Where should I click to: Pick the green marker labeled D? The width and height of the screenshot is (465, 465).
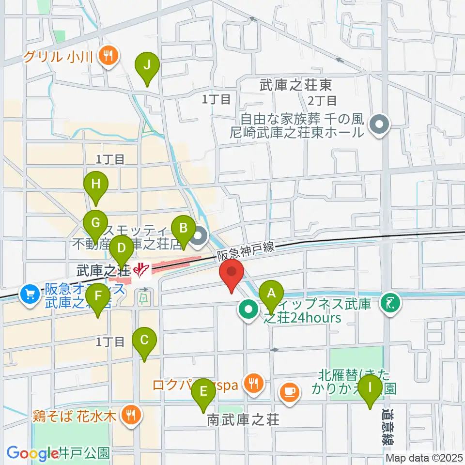(x=121, y=250)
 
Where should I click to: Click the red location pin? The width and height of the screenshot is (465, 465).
(x=232, y=274)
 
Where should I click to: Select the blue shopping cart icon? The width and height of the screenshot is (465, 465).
(x=30, y=293)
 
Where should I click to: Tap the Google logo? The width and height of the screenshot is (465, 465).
(x=33, y=453)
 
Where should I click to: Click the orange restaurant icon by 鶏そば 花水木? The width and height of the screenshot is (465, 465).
(x=130, y=414)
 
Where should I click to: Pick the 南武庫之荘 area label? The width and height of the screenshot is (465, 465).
(x=243, y=419)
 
